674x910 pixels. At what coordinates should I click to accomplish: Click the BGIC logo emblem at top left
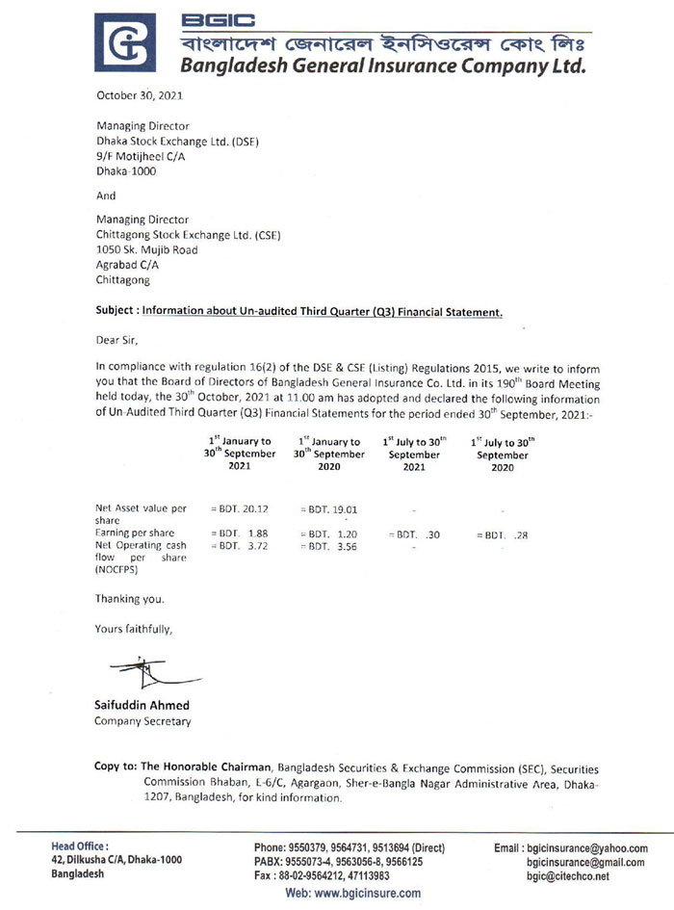[124, 43]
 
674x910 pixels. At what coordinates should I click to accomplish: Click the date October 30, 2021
[139, 95]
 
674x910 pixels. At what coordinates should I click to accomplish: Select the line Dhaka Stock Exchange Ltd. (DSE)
[177, 141]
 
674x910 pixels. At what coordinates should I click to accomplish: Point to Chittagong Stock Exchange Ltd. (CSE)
[188, 235]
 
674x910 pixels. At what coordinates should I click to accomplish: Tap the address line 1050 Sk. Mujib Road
[146, 250]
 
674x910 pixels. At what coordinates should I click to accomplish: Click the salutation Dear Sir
[124, 339]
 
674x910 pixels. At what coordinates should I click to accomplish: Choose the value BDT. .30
[414, 533]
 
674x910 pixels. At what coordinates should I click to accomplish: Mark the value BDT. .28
[502, 533]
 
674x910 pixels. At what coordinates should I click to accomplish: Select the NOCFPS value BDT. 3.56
[327, 546]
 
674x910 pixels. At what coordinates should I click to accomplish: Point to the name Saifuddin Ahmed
[142, 705]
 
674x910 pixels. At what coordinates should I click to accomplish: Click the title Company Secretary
[143, 721]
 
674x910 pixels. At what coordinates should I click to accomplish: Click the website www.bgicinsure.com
[353, 894]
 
